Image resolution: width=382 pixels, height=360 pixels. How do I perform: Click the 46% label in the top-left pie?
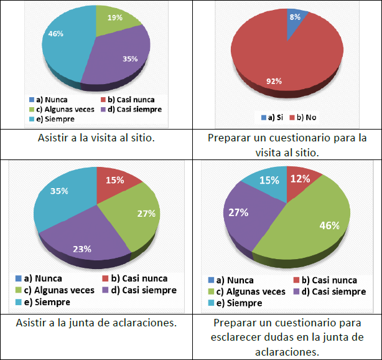click(x=56, y=34)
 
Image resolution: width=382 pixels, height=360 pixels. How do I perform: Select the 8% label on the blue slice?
click(x=294, y=17)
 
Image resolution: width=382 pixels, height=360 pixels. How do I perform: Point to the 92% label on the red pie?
click(x=274, y=81)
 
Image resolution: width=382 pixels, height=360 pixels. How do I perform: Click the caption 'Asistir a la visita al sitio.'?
click(x=95, y=138)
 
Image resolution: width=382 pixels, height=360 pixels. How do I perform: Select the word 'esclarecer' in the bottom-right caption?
click(x=238, y=337)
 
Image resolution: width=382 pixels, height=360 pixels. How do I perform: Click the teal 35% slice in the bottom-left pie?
click(x=62, y=199)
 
